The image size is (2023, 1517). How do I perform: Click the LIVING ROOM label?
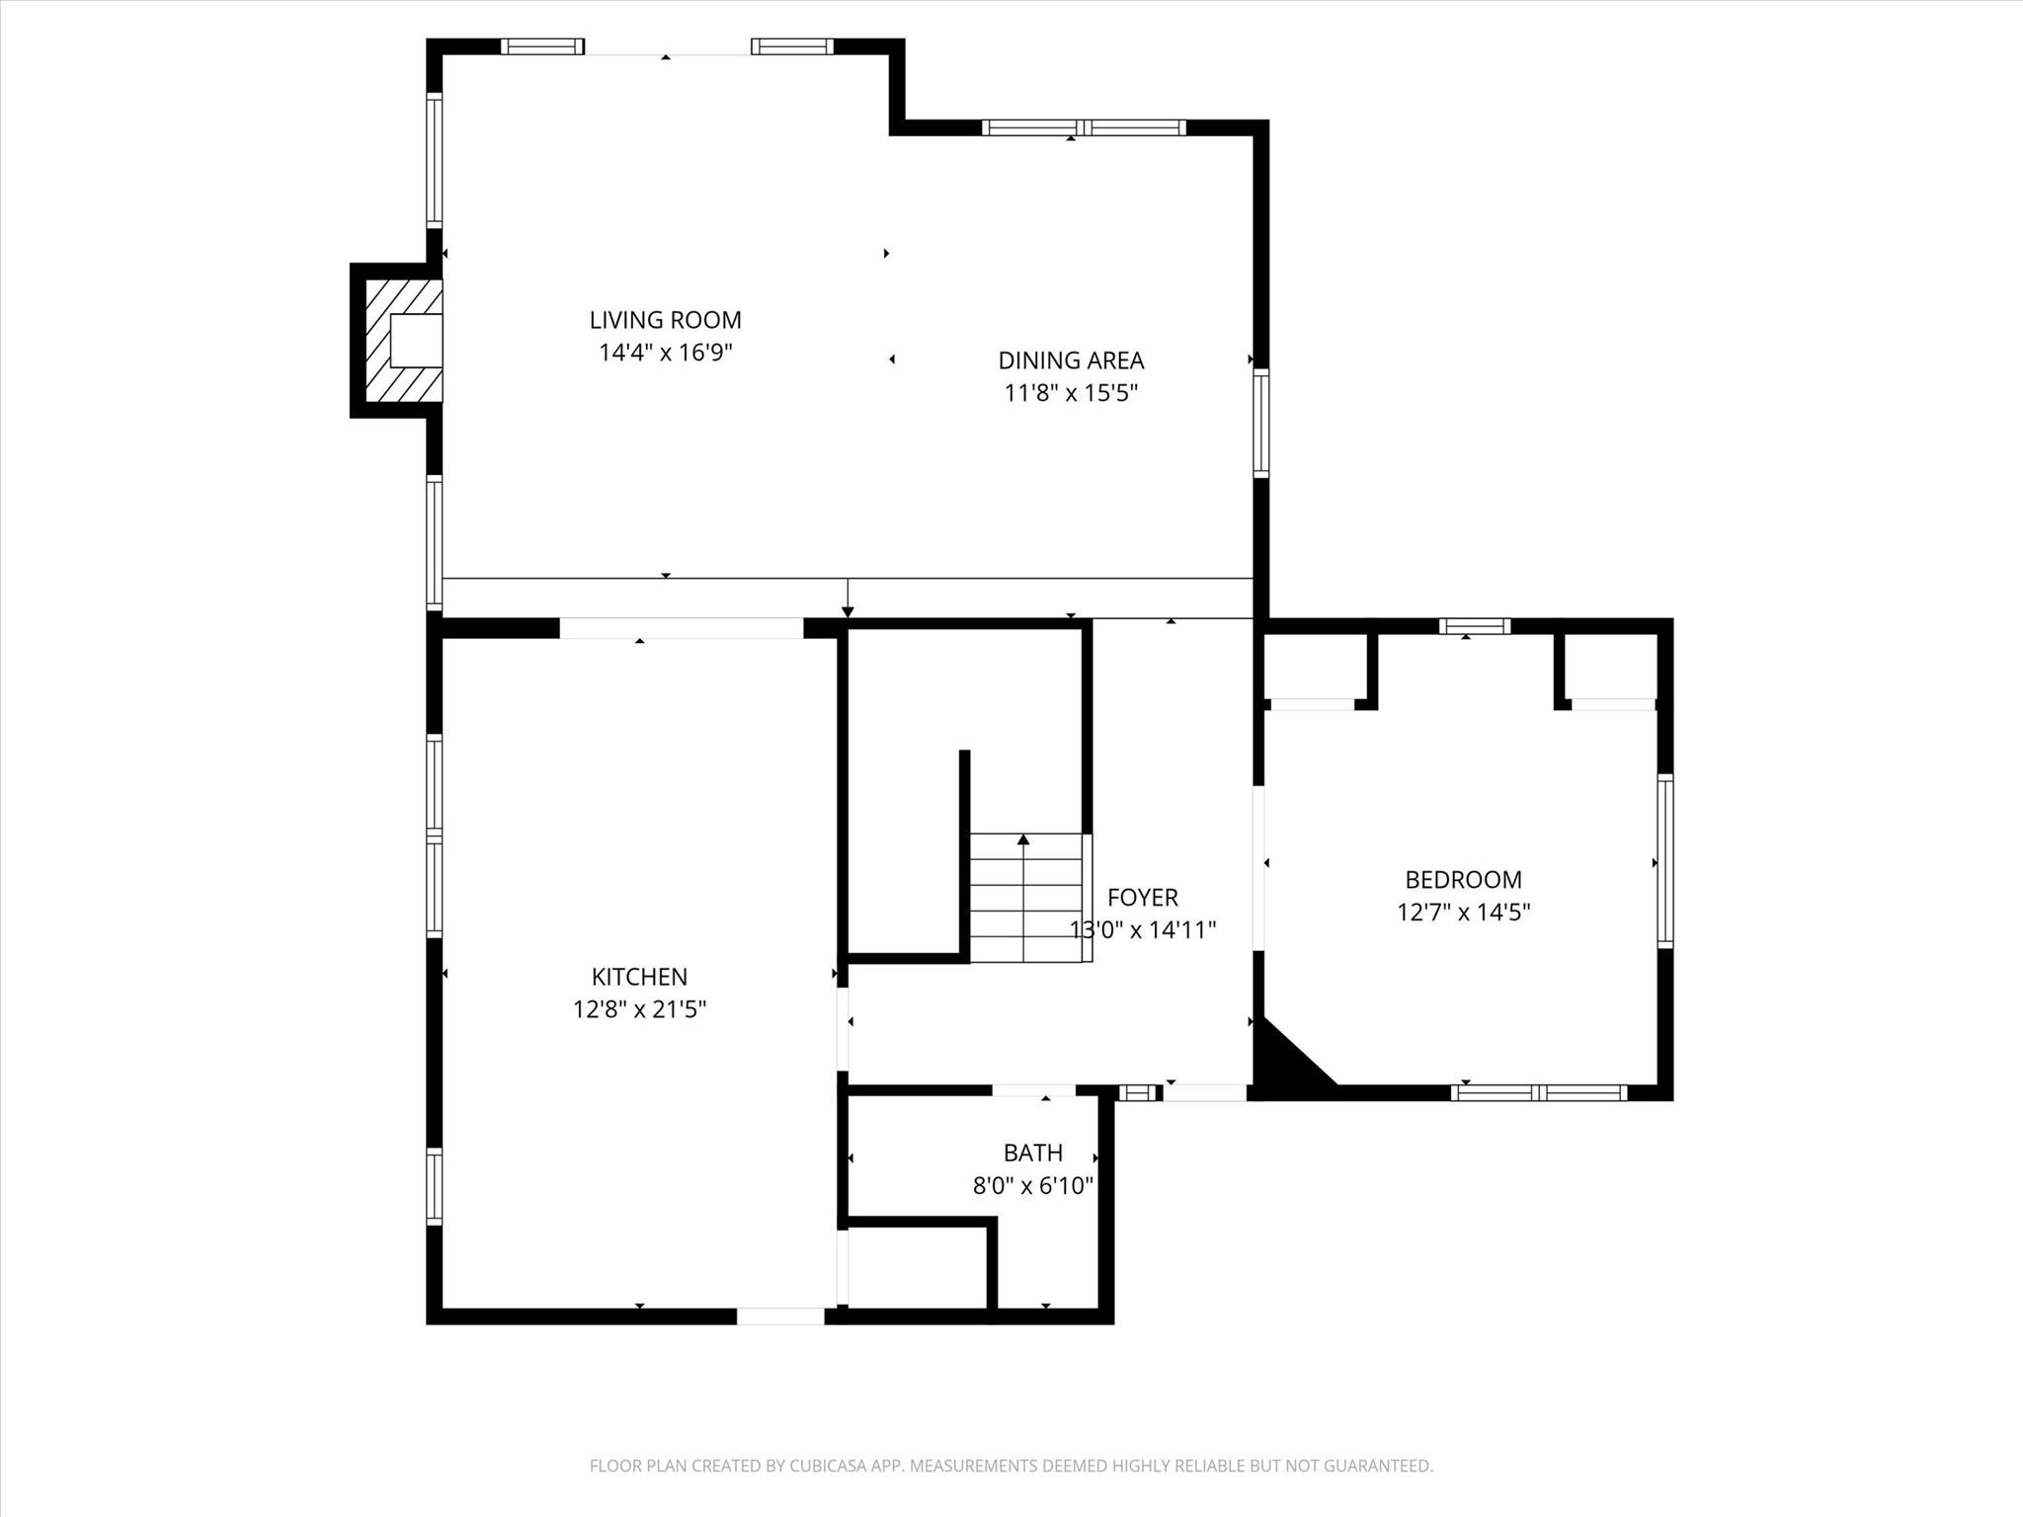[x=665, y=320]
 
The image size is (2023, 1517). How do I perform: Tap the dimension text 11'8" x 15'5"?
[x=1071, y=393]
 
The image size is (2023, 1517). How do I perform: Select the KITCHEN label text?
[x=639, y=977]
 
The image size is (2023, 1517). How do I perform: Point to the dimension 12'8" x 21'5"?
[x=639, y=1009]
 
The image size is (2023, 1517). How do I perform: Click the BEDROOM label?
[x=1463, y=879]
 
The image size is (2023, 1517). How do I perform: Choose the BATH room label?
[x=1032, y=1153]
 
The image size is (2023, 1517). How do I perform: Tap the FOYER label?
[x=1142, y=897]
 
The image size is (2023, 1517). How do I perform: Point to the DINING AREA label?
[x=1071, y=360]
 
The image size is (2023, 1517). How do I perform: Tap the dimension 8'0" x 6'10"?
[x=1032, y=1185]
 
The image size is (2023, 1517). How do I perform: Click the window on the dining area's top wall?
[x=1084, y=127]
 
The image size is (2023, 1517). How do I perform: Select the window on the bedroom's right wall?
[x=1664, y=862]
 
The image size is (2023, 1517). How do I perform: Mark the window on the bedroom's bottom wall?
[x=1538, y=1092]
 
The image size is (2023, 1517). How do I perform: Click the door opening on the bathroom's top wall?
[x=1033, y=1090]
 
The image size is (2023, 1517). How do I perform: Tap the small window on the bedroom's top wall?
[x=1474, y=626]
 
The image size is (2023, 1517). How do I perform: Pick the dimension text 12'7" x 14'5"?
[x=1463, y=912]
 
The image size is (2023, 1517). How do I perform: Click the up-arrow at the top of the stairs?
[x=1023, y=839]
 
